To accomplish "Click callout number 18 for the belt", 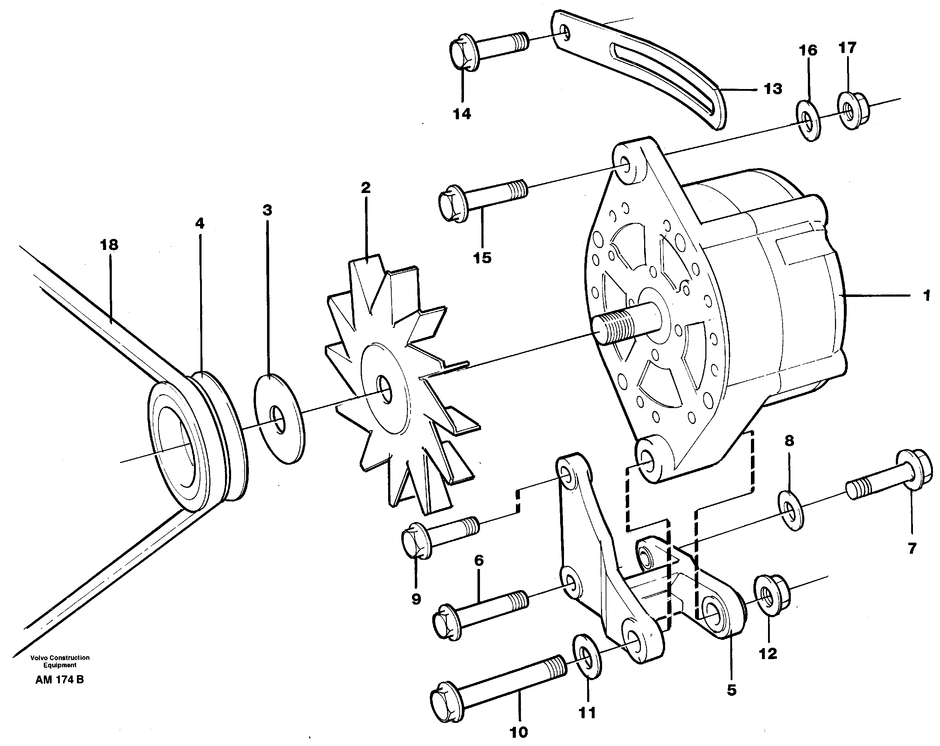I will point(109,245).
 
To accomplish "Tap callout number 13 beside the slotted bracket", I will point(773,89).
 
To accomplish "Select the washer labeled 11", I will point(587,656).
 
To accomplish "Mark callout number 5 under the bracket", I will point(731,690).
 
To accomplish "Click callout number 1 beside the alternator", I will point(926,296).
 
